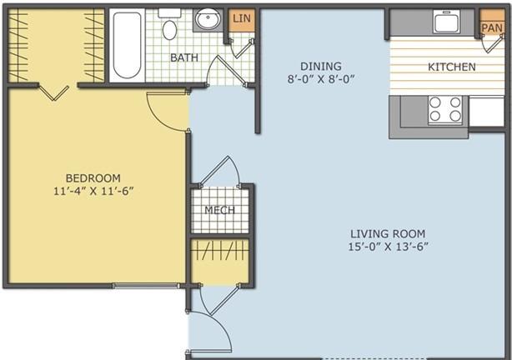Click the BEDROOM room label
coord(93,177)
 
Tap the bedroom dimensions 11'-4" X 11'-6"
coord(93,190)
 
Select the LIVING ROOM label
coord(388,233)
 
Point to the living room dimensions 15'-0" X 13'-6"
coord(388,246)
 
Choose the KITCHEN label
coord(451,67)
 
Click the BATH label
coord(183,57)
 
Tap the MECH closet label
coord(220,210)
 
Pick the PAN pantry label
coord(492,27)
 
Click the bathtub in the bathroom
coord(128,45)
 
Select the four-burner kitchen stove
coord(444,109)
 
